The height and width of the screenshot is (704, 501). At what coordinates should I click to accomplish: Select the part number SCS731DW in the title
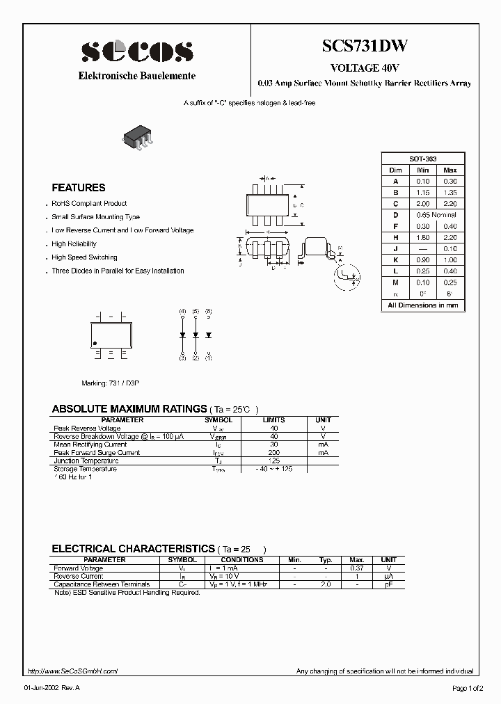click(x=365, y=47)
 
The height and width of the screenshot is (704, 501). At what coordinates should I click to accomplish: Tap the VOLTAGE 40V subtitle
click(x=365, y=68)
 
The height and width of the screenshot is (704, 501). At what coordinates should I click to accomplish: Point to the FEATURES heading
click(x=79, y=188)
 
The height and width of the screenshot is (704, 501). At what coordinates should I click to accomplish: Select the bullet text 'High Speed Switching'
click(x=84, y=257)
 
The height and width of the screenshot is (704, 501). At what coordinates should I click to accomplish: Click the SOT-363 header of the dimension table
click(x=422, y=159)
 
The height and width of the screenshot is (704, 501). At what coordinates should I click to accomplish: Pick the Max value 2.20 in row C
click(x=450, y=203)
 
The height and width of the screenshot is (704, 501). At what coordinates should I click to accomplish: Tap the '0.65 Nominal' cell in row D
click(x=436, y=214)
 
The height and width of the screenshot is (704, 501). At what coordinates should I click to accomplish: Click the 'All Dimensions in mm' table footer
click(x=422, y=305)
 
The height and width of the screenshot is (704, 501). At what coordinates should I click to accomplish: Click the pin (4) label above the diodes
click(x=182, y=311)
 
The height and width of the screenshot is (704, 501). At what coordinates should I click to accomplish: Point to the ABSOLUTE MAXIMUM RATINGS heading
click(x=129, y=409)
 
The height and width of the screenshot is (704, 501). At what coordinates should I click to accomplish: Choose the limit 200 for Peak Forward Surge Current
click(x=273, y=452)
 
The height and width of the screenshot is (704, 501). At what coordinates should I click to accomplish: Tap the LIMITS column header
click(x=273, y=420)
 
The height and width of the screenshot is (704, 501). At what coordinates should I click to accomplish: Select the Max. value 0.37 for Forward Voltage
click(x=356, y=568)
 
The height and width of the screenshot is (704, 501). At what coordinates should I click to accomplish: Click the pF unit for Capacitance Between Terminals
click(x=388, y=584)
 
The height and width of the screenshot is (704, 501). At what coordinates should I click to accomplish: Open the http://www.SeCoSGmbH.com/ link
click(x=72, y=671)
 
